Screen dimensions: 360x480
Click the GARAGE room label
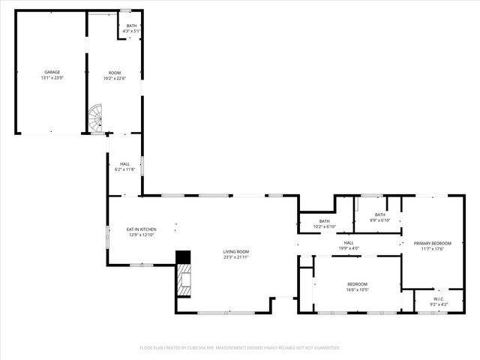pos(52,72)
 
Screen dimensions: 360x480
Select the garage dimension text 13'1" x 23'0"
pos(52,77)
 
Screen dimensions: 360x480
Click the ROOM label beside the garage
pos(115,73)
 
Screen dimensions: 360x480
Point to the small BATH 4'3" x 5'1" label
pos(131,26)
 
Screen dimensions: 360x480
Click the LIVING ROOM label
pos(235,252)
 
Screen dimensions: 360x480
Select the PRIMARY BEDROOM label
pos(433,244)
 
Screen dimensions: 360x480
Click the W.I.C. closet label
pos(439,298)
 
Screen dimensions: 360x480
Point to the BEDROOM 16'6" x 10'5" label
pos(357,283)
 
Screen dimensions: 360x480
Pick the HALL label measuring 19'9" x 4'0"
pos(349,242)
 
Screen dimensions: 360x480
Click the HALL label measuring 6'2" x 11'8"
pos(124,164)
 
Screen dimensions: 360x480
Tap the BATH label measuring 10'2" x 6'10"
pos(324,221)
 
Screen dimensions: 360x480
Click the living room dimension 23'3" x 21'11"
pos(235,257)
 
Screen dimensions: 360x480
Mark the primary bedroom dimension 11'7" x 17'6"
pos(433,249)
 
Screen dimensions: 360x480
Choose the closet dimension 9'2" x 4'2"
pos(439,304)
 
